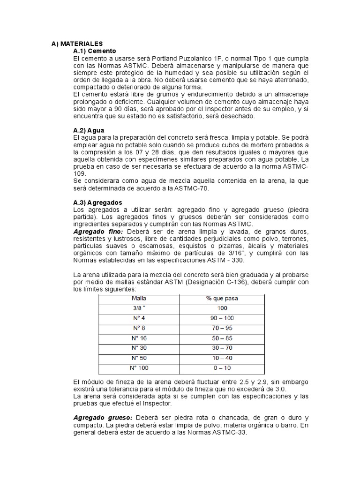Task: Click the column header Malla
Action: (x=139, y=299)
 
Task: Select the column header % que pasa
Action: (x=222, y=299)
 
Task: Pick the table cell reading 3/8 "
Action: (x=139, y=308)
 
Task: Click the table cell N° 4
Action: (x=139, y=318)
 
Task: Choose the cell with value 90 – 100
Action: (x=222, y=318)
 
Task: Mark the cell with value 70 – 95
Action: (x=222, y=328)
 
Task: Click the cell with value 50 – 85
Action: (x=222, y=337)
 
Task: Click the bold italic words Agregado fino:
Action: (x=98, y=232)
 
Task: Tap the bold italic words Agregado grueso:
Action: (x=103, y=417)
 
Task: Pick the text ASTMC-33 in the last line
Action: (x=228, y=433)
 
